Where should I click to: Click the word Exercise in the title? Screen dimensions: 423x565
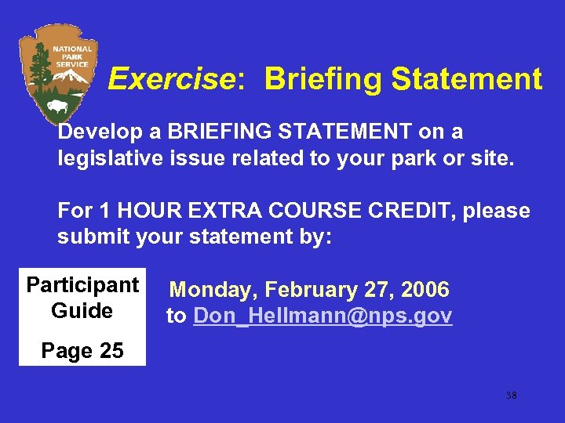click(x=171, y=79)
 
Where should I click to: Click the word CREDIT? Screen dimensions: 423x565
click(x=418, y=211)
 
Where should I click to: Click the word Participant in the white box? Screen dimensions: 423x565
click(x=82, y=284)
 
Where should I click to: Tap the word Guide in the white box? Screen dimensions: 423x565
click(x=82, y=310)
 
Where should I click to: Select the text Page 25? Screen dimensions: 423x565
click(x=82, y=351)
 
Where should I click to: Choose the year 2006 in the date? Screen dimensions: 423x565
click(x=425, y=290)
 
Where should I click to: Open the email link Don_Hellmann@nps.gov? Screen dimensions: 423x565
click(x=323, y=316)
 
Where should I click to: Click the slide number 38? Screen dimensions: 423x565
click(x=511, y=396)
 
